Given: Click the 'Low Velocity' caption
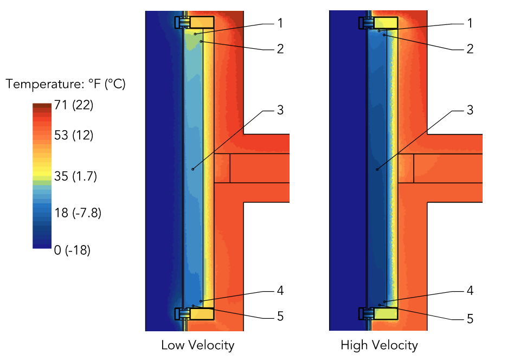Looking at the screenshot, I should pyautogui.click(x=197, y=345).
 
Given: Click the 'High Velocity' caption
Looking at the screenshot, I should pyautogui.click(x=379, y=345).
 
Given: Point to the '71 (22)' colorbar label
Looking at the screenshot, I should pyautogui.click(x=74, y=106).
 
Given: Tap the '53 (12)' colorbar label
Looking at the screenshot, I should pyautogui.click(x=74, y=136).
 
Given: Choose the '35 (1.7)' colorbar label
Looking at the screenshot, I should pyautogui.click(x=76, y=177).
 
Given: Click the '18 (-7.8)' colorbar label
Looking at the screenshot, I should pyautogui.click(x=78, y=213).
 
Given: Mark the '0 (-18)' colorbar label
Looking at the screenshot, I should pyautogui.click(x=72, y=250).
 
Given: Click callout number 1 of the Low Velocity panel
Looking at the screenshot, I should pyautogui.click(x=280, y=23).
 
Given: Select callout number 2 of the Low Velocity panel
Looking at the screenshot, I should pyautogui.click(x=280, y=49).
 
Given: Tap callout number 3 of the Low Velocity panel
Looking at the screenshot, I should pyautogui.click(x=280, y=110).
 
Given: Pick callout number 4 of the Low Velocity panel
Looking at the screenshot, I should pyautogui.click(x=280, y=291).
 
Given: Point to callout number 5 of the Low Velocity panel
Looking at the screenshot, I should pyautogui.click(x=280, y=316).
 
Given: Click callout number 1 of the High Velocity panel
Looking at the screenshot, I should pyautogui.click(x=470, y=23).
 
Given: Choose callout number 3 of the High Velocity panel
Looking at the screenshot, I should pyautogui.click(x=470, y=110).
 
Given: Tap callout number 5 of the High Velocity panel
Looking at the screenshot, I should pyautogui.click(x=470, y=318).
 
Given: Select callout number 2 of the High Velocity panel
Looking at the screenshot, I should pyautogui.click(x=470, y=49).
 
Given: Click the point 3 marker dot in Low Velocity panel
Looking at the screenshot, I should pyautogui.click(x=192, y=169).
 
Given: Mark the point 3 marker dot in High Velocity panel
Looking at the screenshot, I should pyautogui.click(x=377, y=170).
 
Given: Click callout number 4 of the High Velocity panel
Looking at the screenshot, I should pyautogui.click(x=470, y=291).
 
